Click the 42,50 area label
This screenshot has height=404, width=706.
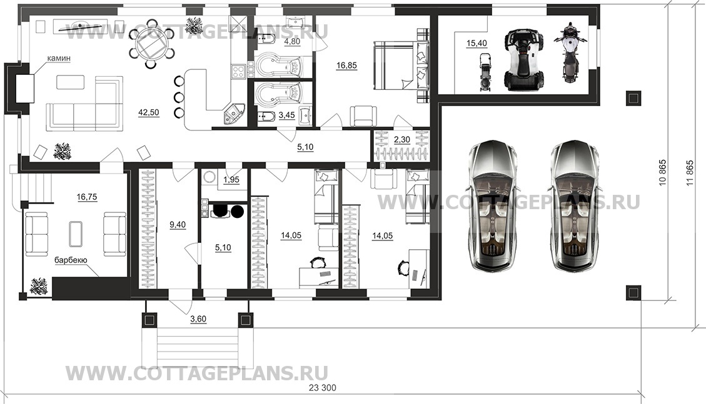tap(149, 112)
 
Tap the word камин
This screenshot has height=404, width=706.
tap(59, 59)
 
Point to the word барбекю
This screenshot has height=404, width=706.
tap(71, 260)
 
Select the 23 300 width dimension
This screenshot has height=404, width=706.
tap(323, 388)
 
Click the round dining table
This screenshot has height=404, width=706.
tap(152, 44)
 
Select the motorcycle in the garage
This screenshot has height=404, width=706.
tap(570, 52)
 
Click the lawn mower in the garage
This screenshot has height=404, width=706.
tap(485, 72)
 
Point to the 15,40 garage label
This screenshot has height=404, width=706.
tap(477, 43)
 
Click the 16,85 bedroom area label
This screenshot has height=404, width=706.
tap(346, 66)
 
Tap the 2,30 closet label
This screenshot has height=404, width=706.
tap(402, 140)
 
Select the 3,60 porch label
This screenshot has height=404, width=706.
tap(198, 319)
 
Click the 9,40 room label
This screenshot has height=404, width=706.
tap(178, 225)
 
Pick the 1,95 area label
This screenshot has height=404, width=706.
tap(231, 180)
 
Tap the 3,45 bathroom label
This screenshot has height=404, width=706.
tap(287, 116)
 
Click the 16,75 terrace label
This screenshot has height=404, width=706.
tap(87, 197)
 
